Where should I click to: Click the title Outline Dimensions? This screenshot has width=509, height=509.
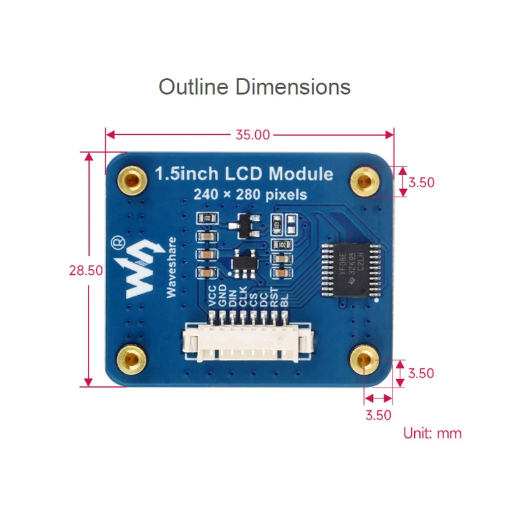click(254, 87)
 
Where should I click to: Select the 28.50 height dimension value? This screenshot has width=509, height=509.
click(86, 270)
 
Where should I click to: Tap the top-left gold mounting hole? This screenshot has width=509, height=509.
click(132, 179)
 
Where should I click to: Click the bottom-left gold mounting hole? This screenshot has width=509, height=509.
click(132, 359)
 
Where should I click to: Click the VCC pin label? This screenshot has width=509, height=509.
click(213, 297)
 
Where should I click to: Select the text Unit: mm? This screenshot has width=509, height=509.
click(432, 433)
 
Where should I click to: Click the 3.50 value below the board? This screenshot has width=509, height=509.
click(378, 415)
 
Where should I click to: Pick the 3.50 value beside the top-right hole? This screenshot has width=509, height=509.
click(421, 183)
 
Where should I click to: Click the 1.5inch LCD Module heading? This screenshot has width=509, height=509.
click(244, 174)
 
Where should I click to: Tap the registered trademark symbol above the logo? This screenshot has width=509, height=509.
click(117, 242)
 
